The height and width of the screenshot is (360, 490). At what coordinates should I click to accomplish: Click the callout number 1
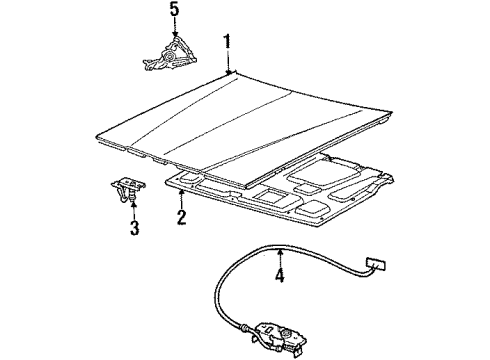click(228, 42)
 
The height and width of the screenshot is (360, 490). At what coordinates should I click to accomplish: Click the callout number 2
click(182, 215)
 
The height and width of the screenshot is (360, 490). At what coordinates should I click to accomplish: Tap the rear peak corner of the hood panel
click(232, 75)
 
